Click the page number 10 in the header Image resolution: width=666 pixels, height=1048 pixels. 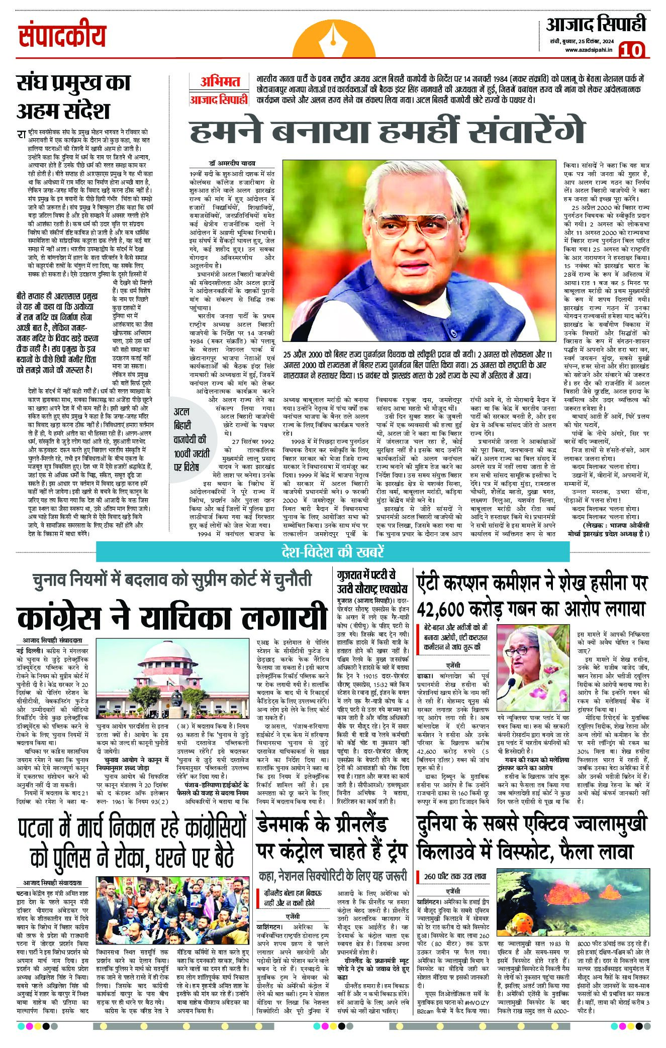[x=635, y=51]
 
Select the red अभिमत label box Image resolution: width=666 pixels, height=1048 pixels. [x=219, y=82]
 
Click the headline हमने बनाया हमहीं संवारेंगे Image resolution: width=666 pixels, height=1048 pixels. [x=387, y=132]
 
